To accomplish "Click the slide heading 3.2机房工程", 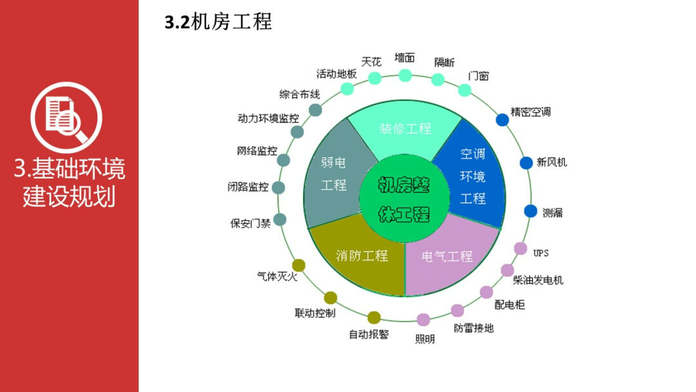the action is pos(218,22).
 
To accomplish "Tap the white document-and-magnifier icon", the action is pos(66,117).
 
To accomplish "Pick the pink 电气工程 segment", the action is pos(449,257).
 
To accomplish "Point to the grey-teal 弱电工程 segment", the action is pos(335,174).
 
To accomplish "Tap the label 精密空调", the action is pos(530,112).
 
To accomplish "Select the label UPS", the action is pos(541,252).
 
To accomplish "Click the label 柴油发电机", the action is pos(538,280).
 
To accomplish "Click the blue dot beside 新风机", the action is pos(527,162).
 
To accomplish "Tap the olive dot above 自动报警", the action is pos(374,317).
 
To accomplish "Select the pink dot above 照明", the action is pos(423,319).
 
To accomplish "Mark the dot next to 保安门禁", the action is pos(280,220).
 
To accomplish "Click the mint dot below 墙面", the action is pos(405,75).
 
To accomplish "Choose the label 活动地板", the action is pos(336,73).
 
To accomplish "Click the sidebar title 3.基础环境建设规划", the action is pos(70,182).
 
